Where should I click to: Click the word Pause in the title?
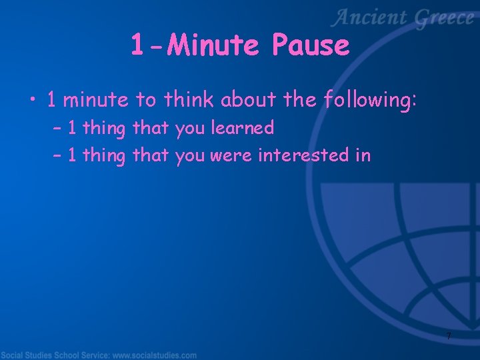[311, 46]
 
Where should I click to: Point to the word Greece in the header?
[444, 19]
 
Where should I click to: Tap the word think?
[189, 100]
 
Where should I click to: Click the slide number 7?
[449, 336]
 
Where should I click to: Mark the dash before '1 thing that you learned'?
[56, 129]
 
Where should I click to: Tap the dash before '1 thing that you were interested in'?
[56, 156]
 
